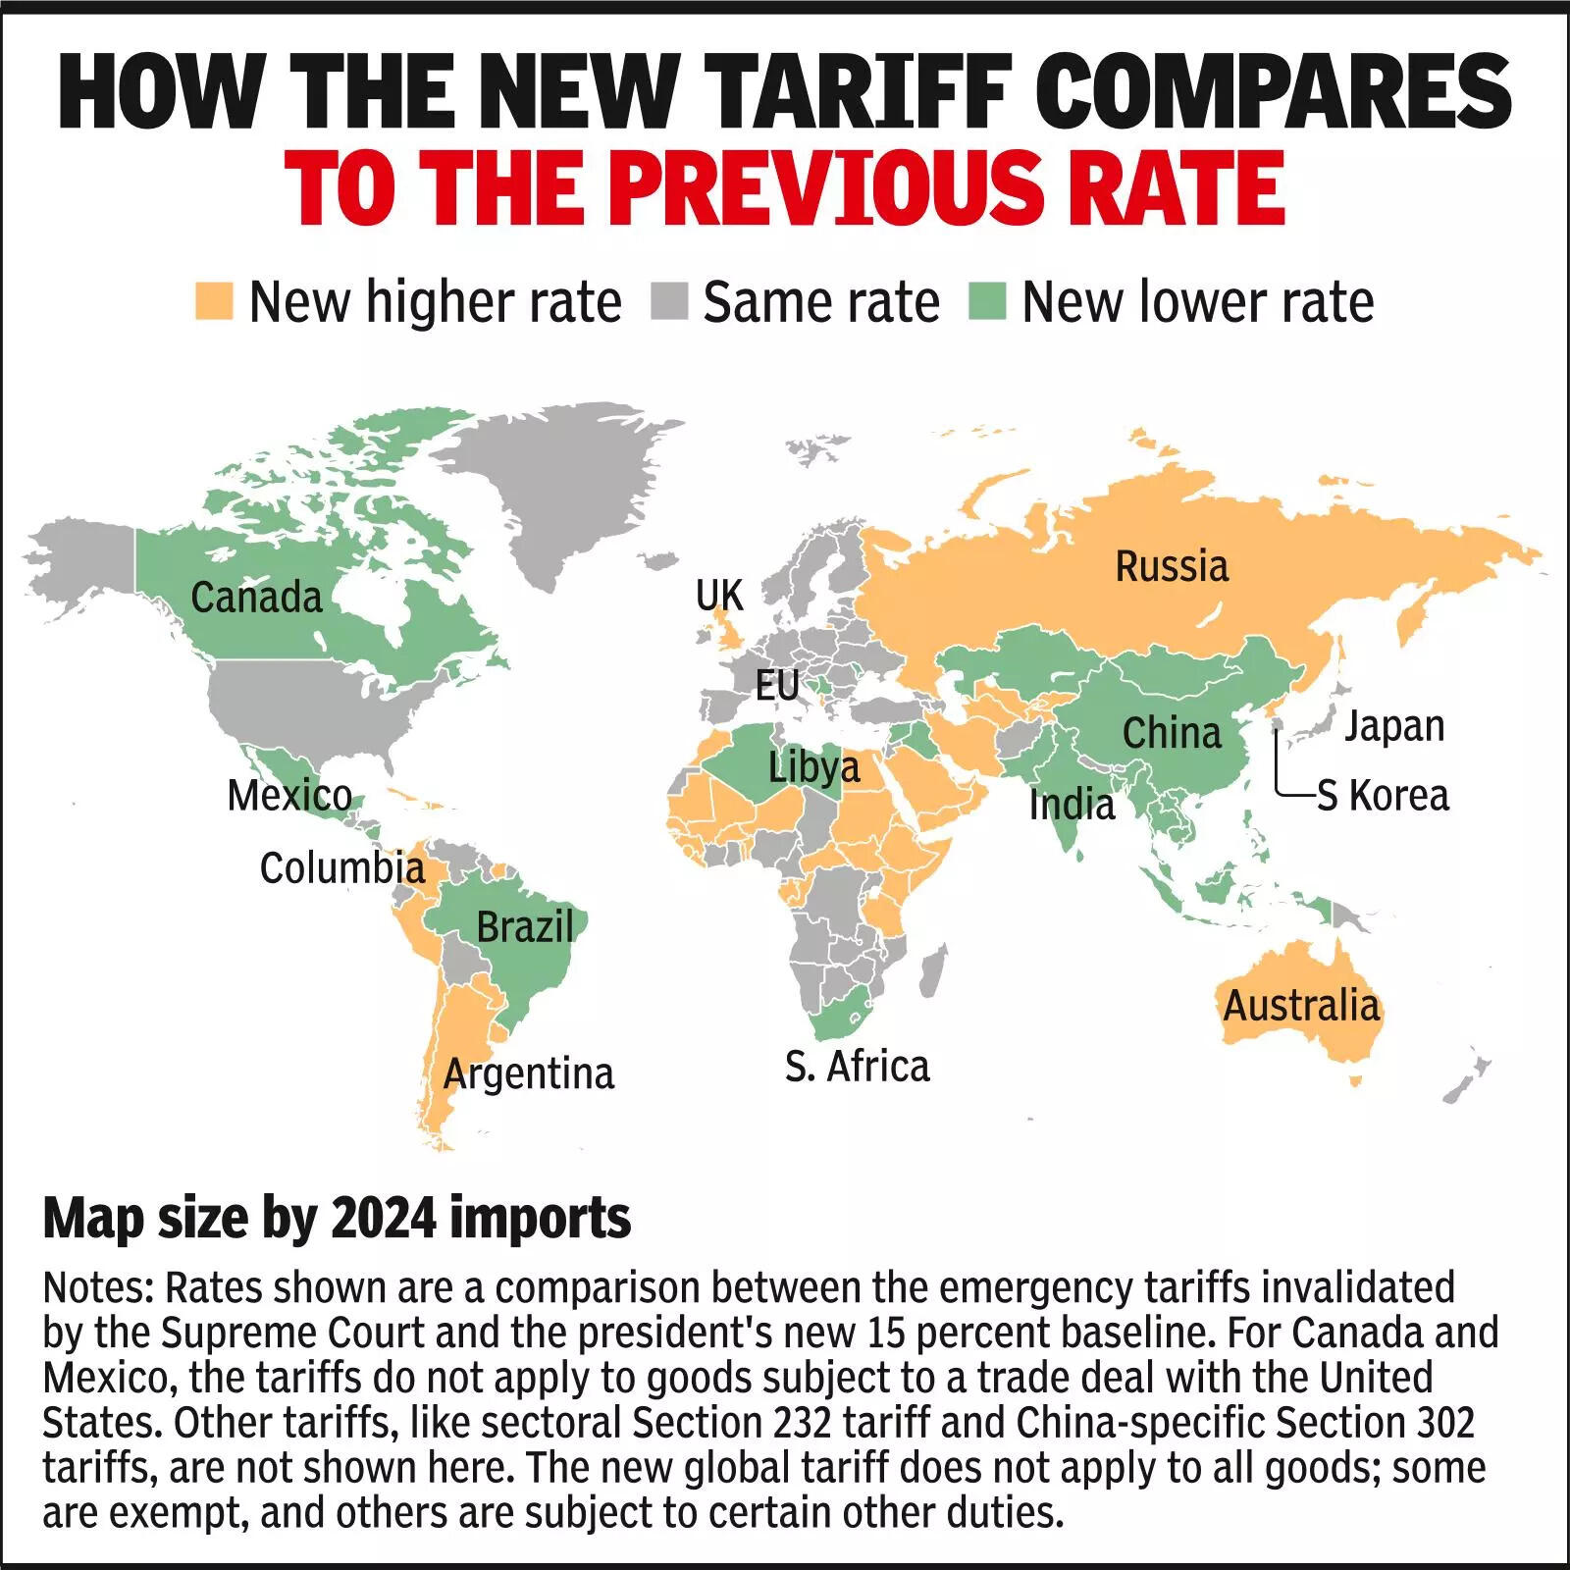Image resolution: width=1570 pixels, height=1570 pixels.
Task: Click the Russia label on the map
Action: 1172,566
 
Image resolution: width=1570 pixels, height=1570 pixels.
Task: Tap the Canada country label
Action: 256,597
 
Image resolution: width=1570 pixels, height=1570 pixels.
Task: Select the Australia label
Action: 1301,1006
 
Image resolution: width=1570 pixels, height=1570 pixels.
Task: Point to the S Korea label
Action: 1382,795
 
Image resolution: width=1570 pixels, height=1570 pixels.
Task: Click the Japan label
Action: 1393,726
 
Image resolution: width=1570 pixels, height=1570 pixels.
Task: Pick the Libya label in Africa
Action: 813,766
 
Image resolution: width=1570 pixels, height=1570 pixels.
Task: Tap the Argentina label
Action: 528,1073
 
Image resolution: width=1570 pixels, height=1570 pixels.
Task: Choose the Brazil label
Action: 525,926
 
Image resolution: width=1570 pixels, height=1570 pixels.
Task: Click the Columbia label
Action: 341,867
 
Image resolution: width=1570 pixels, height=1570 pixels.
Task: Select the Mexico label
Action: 289,795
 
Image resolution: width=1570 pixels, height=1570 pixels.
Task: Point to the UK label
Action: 719,596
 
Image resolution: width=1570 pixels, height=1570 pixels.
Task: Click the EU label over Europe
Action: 777,685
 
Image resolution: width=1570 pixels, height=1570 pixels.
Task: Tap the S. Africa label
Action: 857,1066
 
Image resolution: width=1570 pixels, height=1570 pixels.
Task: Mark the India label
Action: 1072,805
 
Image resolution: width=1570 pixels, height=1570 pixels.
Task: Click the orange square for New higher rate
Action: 214,301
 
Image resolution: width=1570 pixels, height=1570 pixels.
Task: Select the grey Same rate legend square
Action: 669,301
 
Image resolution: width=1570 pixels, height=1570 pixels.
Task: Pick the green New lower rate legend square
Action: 986,301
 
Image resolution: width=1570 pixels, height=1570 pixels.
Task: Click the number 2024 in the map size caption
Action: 384,1219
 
